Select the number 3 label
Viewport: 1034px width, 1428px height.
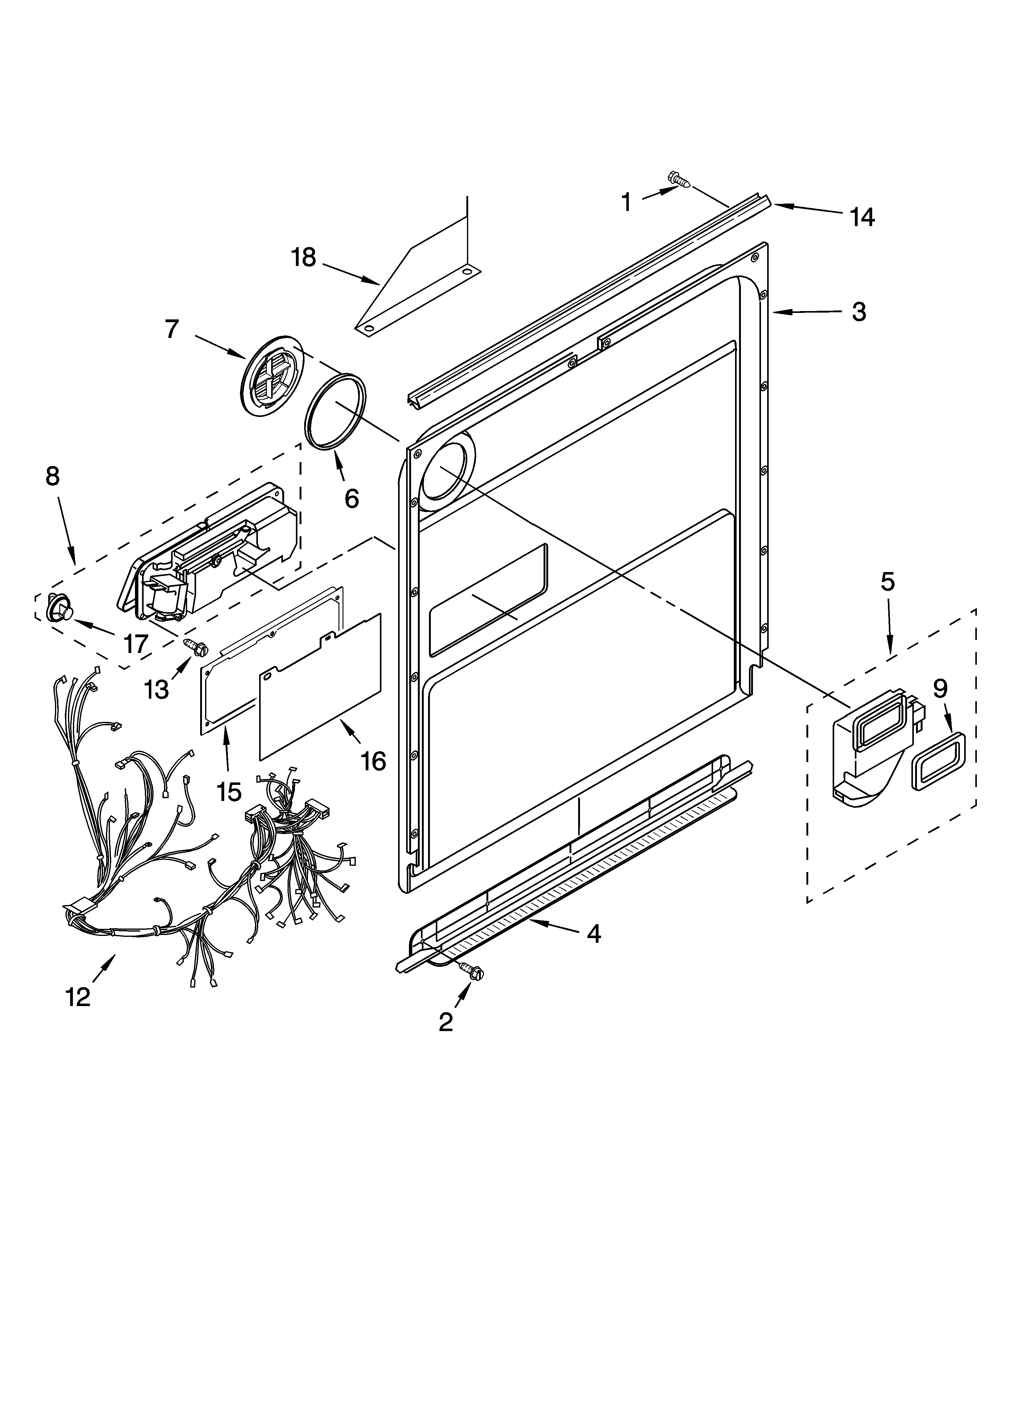click(859, 312)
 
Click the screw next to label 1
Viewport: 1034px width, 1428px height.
click(678, 180)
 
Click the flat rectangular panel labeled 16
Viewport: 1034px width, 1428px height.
click(321, 687)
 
